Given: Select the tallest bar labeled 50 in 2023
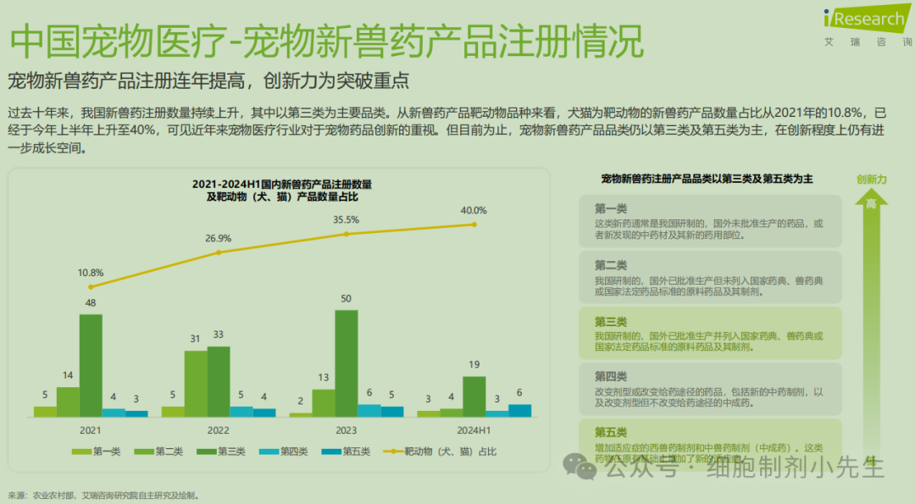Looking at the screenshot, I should click(346, 363).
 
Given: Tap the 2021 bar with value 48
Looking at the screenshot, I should click(91, 365).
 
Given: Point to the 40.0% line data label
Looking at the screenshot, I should click(474, 210).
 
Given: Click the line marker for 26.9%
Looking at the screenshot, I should click(219, 252).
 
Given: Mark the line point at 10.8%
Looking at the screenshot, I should click(91, 286).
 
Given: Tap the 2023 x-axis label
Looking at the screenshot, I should click(346, 429).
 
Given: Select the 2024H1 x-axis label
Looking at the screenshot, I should click(474, 429).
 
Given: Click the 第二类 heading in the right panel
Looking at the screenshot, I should click(610, 265).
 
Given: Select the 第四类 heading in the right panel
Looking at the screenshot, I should click(610, 376).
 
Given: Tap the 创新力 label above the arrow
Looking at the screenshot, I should click(871, 180).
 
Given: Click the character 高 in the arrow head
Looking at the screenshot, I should click(871, 203).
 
